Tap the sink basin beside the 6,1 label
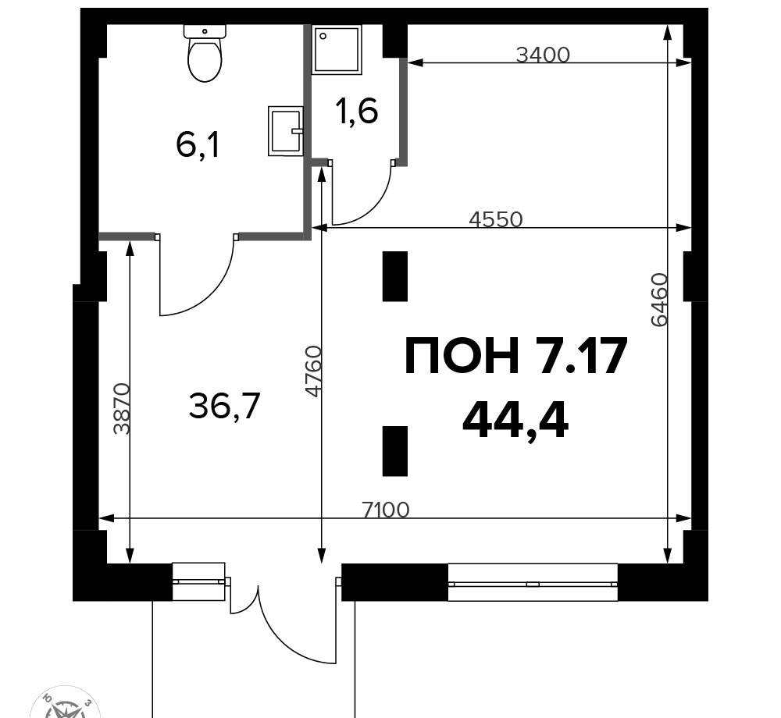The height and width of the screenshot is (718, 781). pos(285,131)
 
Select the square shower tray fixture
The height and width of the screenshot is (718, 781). pos(336,50)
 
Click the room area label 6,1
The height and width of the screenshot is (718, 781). pos(198,146)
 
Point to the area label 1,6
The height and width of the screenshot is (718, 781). pos(357,111)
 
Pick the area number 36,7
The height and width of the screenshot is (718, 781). pos(225,406)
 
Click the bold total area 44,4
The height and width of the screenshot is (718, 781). pos(515,421)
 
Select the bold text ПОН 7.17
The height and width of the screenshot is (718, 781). pos(515,355)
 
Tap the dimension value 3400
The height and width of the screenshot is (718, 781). pos(543,55)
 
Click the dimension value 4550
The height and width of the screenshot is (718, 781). pos(496,219)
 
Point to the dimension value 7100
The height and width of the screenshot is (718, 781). pos(386,510)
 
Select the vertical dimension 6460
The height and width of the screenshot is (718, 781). pos(659,300)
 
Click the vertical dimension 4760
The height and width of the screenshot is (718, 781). pos(314,371)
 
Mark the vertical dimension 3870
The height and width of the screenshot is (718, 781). pos(121,408)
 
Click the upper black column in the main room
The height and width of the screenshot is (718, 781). pos(395,276)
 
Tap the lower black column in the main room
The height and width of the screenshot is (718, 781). pos(395,451)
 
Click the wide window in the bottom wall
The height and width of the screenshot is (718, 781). pos(533,583)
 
